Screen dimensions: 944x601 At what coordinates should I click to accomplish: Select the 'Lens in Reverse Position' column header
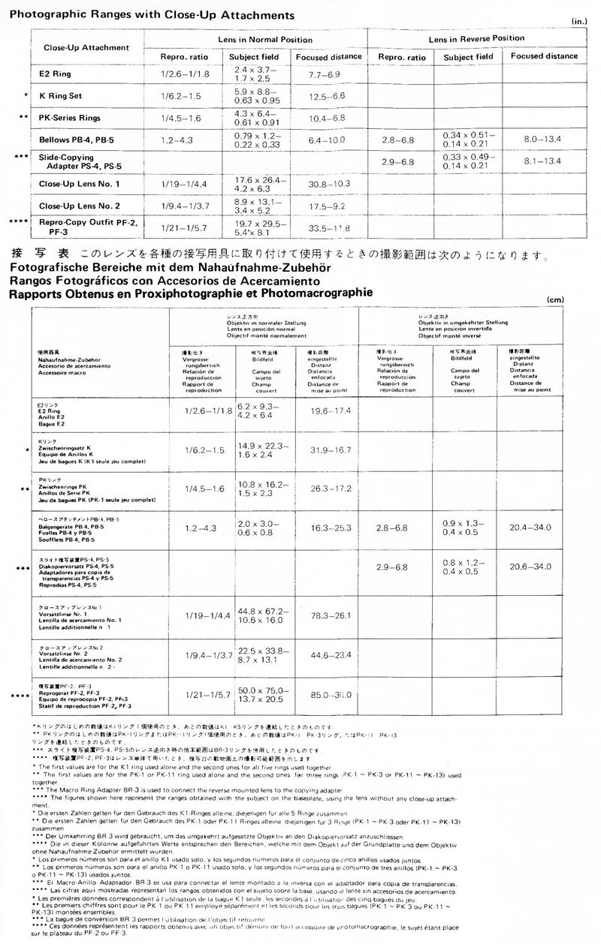click(x=476, y=38)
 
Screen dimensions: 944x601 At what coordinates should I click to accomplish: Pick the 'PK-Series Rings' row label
click(x=69, y=119)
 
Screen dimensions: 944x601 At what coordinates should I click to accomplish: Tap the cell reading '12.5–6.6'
click(x=328, y=97)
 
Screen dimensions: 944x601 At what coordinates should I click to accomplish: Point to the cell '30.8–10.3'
click(x=328, y=183)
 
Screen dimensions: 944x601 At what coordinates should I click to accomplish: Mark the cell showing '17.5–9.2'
click(x=328, y=205)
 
